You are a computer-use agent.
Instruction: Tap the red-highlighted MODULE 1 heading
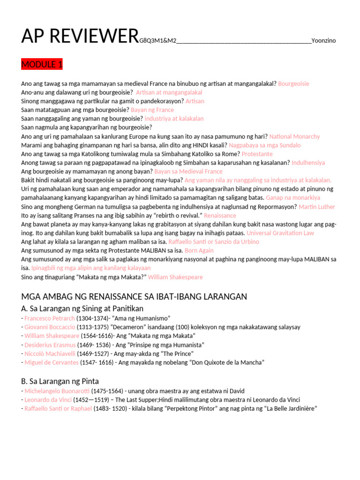click(42, 64)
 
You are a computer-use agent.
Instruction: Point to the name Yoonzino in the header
click(324, 41)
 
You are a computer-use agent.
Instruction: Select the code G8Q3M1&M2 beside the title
click(157, 41)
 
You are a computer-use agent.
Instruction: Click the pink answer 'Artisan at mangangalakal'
click(169, 92)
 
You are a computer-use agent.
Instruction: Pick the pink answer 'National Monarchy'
click(295, 136)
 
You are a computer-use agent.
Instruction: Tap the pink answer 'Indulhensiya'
click(308, 163)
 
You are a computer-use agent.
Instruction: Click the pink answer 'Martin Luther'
click(317, 207)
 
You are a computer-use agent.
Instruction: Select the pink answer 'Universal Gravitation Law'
click(280, 233)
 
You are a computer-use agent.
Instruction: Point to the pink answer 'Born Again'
click(199, 250)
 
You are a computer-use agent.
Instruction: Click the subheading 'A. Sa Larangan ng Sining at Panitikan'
click(82, 308)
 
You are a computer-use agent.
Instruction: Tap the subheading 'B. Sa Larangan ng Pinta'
click(60, 381)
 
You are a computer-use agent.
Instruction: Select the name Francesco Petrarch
click(50, 318)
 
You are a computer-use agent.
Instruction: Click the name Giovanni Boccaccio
click(50, 327)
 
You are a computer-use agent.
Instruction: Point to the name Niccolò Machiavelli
click(50, 353)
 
